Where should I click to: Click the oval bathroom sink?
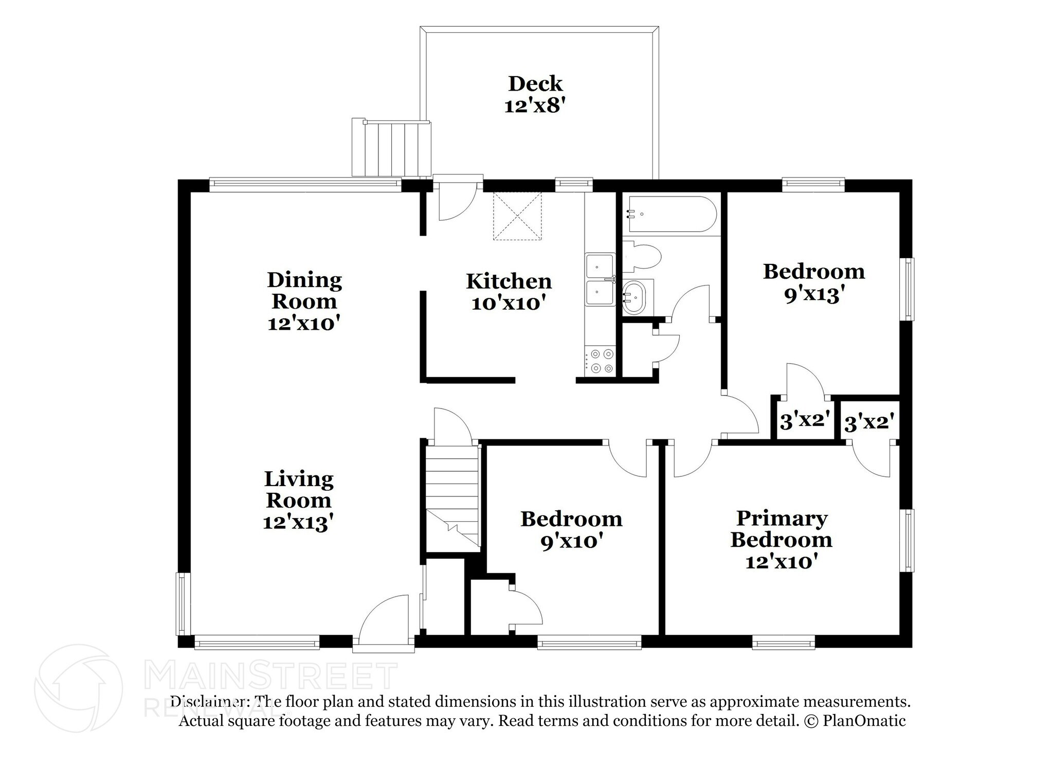[x=634, y=298]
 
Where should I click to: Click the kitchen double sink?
[x=600, y=279]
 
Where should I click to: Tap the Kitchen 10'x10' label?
[x=509, y=292]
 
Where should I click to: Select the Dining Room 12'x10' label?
[x=304, y=301]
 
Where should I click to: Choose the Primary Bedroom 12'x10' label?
[x=781, y=540]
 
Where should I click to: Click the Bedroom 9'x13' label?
[x=813, y=282]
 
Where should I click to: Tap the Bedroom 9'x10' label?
[x=571, y=529]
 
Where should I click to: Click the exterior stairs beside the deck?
[x=391, y=148]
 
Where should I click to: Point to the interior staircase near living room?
[x=452, y=496]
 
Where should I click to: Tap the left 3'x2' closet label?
[x=805, y=421]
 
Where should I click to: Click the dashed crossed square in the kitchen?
[x=517, y=216]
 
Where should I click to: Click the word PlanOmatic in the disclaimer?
[x=864, y=721]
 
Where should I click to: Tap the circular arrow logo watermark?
[x=78, y=688]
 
